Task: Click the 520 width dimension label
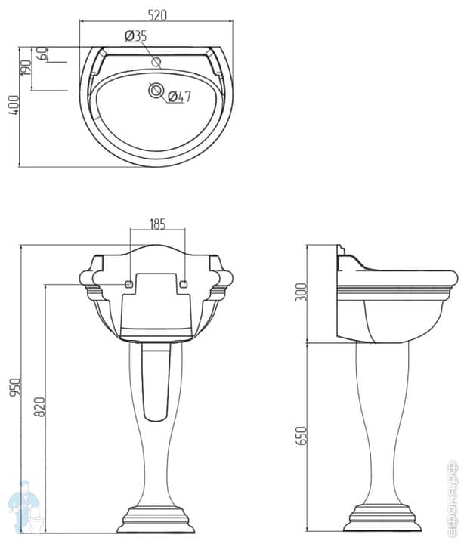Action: click(x=156, y=14)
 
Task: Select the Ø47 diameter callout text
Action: click(x=178, y=96)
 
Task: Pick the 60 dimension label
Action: click(x=42, y=54)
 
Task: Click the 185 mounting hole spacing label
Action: click(x=157, y=224)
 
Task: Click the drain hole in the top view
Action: click(x=156, y=91)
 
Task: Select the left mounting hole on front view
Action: click(x=128, y=285)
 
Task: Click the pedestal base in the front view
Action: click(x=156, y=519)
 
